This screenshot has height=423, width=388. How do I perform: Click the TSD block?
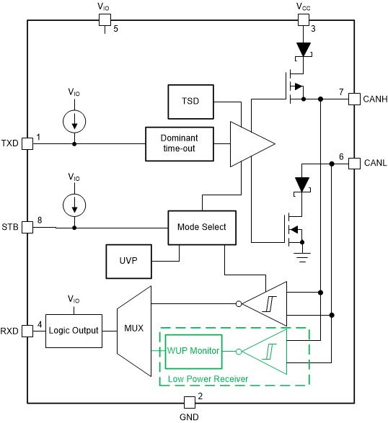tap(190, 102)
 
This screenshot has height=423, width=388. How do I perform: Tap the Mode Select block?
tap(201, 227)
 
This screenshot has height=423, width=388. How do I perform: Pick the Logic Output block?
tap(73, 331)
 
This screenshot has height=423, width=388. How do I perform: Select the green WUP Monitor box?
tap(193, 351)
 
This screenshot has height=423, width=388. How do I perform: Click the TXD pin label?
tap(10, 143)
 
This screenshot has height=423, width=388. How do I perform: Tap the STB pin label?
tap(10, 228)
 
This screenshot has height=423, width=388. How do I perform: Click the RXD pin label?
tap(10, 331)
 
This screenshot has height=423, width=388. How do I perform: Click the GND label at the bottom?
tap(188, 416)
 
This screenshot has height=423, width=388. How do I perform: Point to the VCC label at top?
tap(304, 6)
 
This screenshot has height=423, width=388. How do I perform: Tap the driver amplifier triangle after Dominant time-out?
tap(249, 143)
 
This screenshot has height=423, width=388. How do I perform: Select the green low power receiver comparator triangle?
tap(267, 352)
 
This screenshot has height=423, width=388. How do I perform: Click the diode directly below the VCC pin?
tap(304, 49)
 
